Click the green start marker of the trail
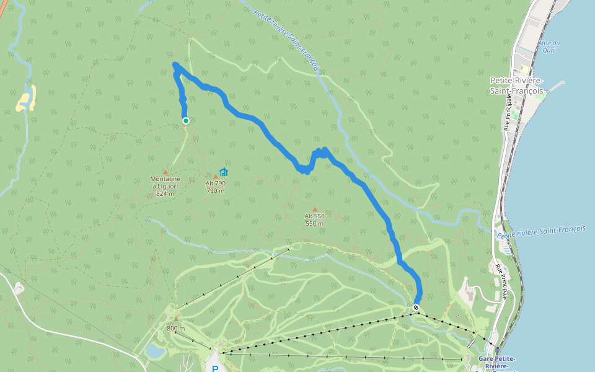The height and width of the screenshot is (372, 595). click(185, 121)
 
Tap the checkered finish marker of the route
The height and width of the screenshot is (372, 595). click(416, 308)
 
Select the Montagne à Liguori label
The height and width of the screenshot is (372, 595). click(165, 186)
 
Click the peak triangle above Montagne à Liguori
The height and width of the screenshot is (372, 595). click(165, 172)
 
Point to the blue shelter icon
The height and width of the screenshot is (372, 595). click(224, 172)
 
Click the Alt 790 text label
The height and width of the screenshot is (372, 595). click(216, 184)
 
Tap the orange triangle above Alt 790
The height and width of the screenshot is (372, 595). click(216, 177)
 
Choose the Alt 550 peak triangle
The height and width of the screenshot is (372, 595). click(315, 210)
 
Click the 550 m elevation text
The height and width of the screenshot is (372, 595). click(315, 223)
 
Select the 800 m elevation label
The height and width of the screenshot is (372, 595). click(176, 329)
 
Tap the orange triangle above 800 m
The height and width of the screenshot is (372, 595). click(176, 319)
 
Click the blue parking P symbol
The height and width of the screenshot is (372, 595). click(215, 369)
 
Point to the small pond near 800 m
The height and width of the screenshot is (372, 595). click(155, 352)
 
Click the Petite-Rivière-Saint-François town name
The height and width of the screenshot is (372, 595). click(517, 86)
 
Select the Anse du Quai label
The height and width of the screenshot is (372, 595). click(549, 46)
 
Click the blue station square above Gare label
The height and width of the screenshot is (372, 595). click(497, 350)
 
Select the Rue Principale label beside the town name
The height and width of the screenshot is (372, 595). click(509, 112)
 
